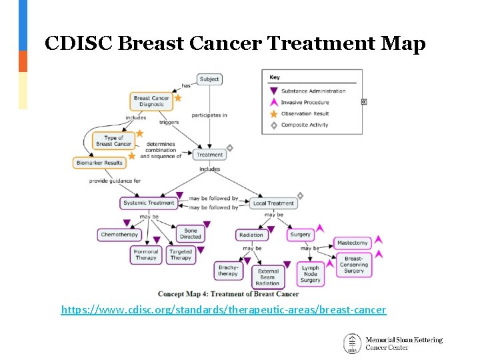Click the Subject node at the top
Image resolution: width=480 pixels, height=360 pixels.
point(209,79)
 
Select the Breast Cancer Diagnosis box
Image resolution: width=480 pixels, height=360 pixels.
point(151,101)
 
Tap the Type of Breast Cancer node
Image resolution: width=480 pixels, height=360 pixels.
point(114,141)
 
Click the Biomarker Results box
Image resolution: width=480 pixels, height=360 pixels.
point(99,163)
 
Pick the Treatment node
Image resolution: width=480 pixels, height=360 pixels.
point(209,155)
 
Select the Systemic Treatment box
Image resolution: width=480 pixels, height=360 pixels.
point(149,203)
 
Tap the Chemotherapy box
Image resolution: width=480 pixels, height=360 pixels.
point(119,235)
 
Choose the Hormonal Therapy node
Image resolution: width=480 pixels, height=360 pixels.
point(146,255)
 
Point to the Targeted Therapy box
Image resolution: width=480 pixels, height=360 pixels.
point(181,255)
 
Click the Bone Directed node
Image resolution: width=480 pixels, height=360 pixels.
point(191,233)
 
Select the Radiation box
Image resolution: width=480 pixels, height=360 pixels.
point(251,235)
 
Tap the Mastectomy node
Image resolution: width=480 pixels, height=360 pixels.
point(353,243)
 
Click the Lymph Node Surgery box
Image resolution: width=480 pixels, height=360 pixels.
point(311,274)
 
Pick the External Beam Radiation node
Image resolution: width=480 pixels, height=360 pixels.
point(268,275)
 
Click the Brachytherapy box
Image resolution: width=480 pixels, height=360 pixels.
point(227,270)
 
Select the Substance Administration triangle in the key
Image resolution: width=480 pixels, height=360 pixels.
point(273,91)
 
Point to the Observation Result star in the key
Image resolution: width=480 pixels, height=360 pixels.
point(273,114)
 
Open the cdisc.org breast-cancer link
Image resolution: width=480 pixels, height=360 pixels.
point(223,310)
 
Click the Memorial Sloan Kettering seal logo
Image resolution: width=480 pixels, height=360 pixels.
point(353,343)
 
